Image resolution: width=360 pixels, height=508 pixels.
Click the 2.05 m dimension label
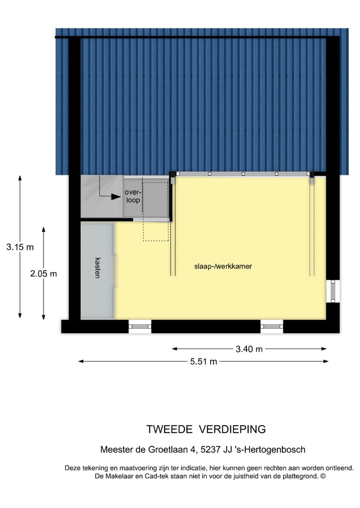click(43, 273)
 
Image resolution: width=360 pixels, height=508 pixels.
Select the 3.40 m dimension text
click(249, 349)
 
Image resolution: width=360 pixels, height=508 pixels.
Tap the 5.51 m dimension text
click(203, 362)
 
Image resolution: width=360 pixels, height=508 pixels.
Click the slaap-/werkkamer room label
click(223, 267)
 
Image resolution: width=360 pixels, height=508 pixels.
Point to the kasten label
click(97, 268)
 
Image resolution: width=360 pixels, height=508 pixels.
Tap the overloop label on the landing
click(133, 196)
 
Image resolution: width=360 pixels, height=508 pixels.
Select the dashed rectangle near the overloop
click(155, 211)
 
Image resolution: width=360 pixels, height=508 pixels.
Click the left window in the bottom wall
click(139, 327)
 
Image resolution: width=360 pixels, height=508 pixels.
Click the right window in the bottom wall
click(271, 327)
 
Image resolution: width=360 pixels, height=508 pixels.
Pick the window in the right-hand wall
click(332, 292)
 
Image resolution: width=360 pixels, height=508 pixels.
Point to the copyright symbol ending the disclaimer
click(322, 477)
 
